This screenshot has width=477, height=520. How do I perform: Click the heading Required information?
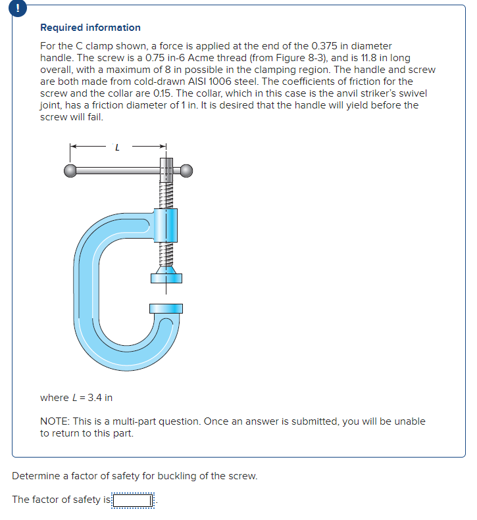[90, 28]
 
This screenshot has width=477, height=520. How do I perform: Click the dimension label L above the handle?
[117, 147]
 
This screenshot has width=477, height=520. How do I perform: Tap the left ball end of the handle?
[70, 171]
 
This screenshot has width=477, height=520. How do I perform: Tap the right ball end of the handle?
[187, 171]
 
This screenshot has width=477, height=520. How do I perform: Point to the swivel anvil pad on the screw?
[165, 277]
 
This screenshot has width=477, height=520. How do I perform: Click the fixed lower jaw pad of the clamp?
[166, 308]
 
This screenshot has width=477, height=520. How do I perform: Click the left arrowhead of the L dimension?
[73, 147]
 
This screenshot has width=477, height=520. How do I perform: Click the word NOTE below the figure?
[55, 421]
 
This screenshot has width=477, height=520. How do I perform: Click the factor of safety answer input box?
[134, 500]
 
